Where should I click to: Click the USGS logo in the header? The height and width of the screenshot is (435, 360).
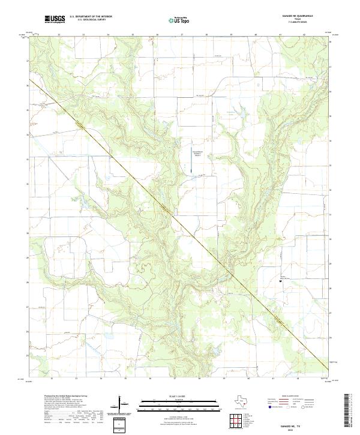[x=55, y=20]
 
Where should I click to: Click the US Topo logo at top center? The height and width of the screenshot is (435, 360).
[x=179, y=20]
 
